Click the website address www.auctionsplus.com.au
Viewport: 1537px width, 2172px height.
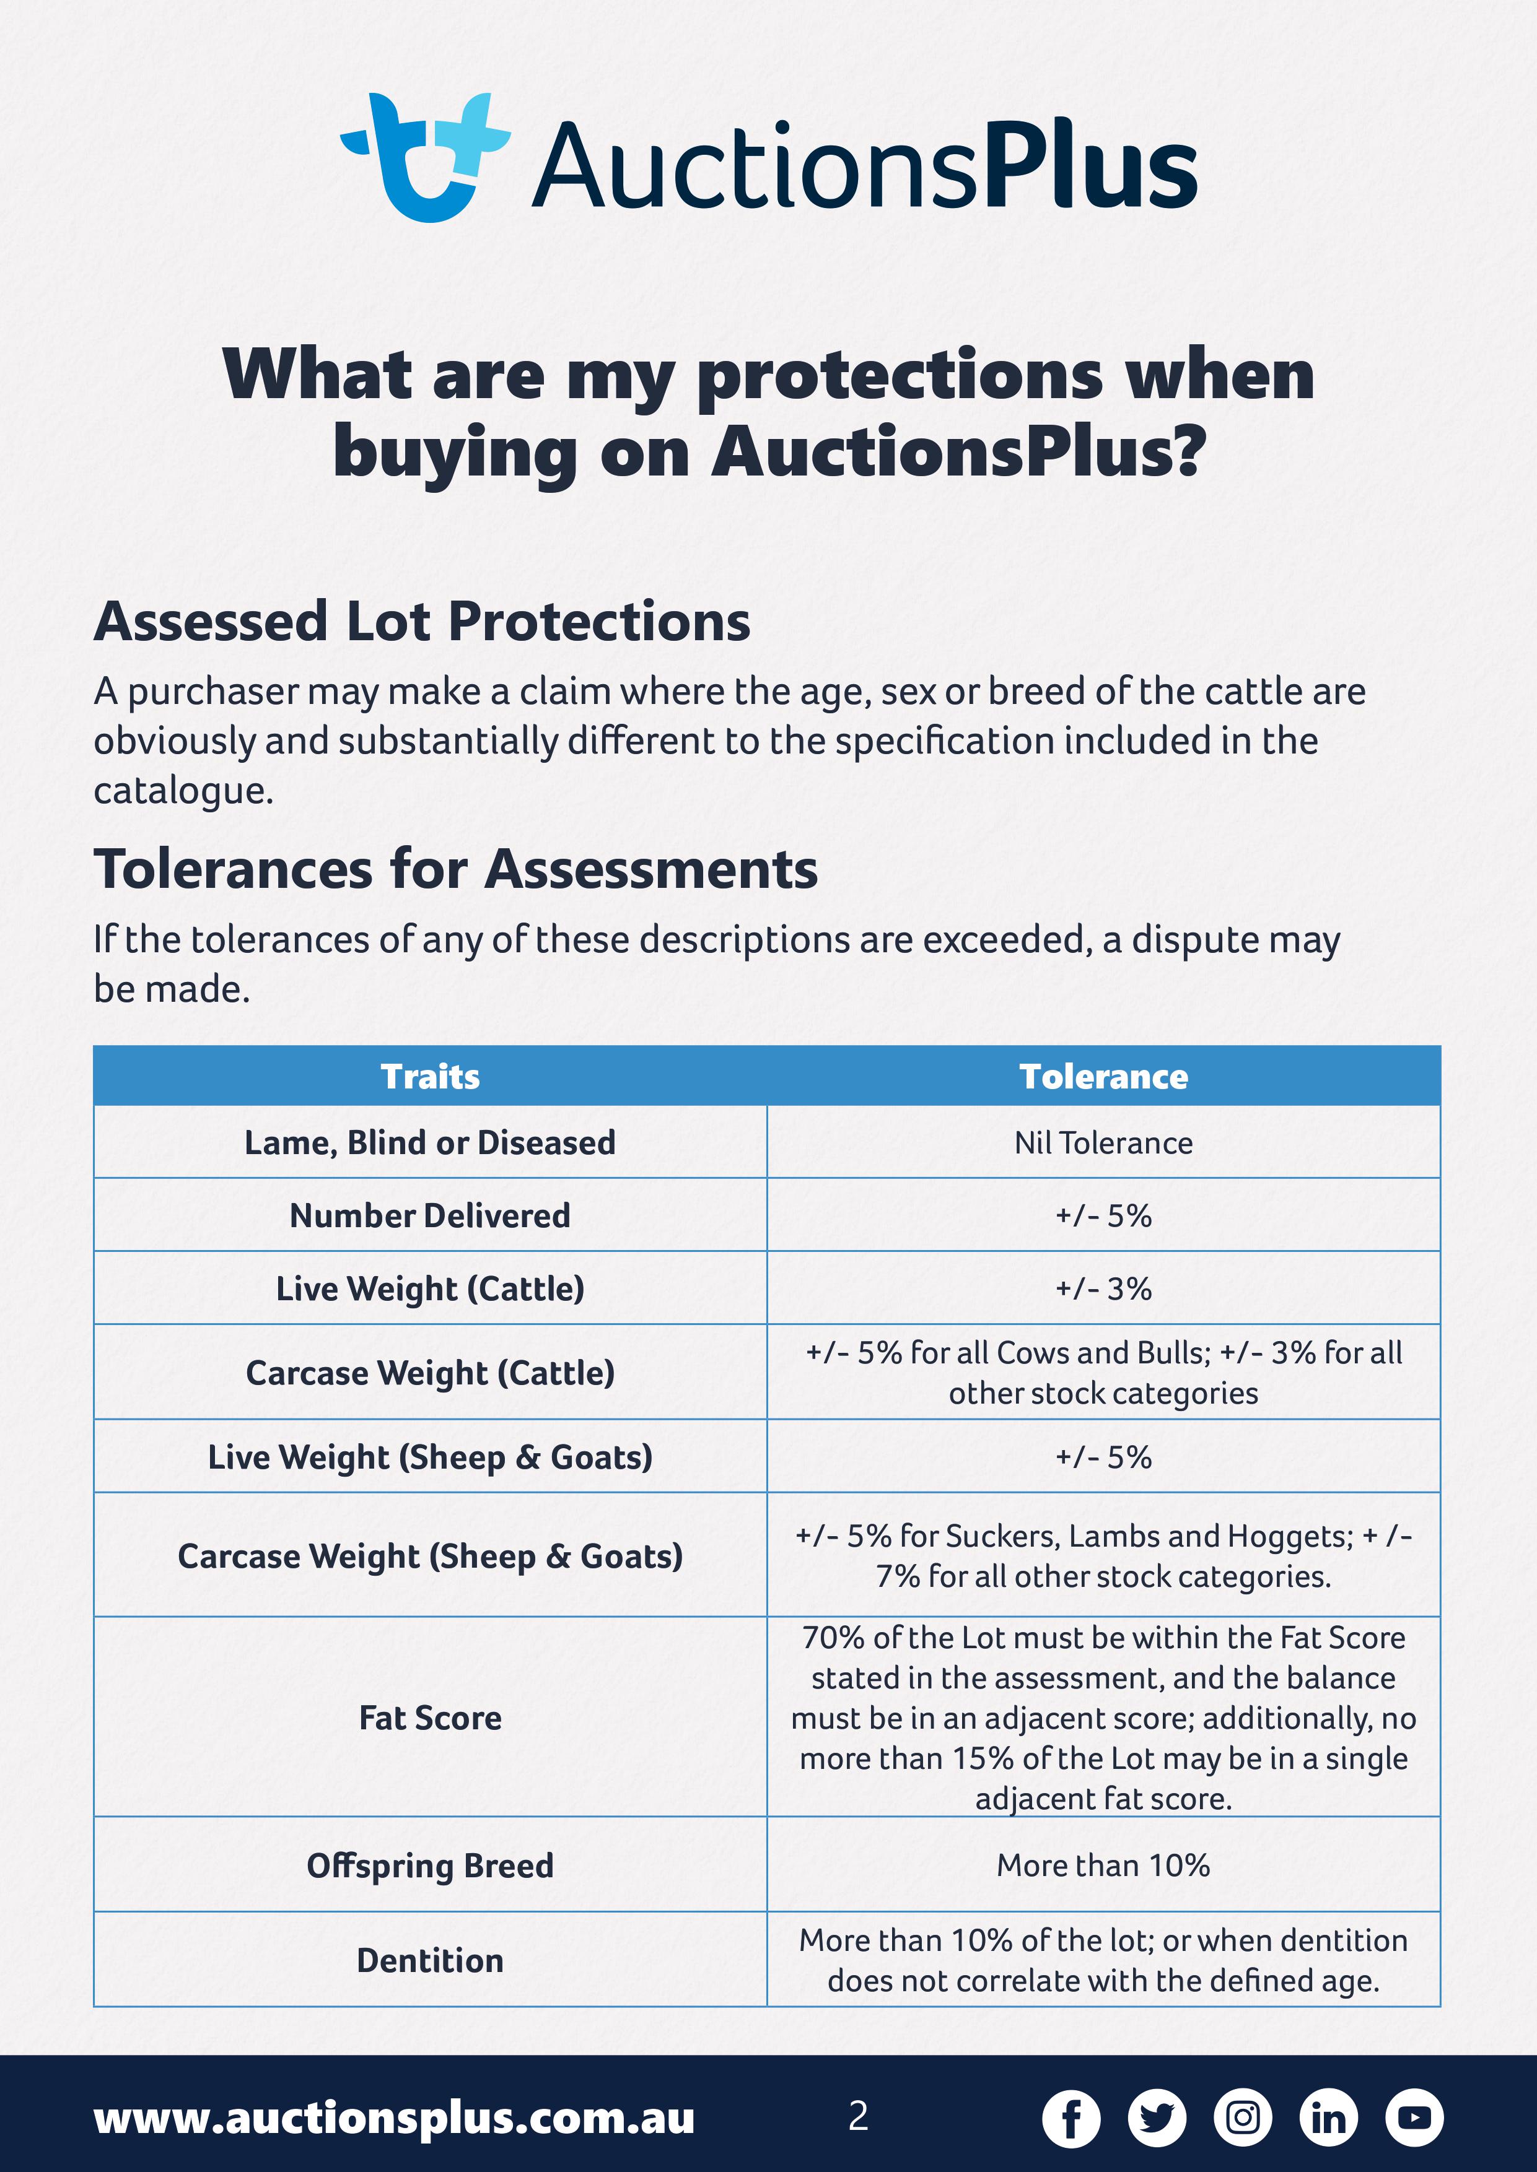pyautogui.click(x=395, y=2119)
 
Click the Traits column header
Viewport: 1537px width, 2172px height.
pyautogui.click(x=431, y=1077)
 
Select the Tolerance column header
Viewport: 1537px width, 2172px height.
pyautogui.click(x=1103, y=1077)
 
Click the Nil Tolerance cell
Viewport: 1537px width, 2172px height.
pyautogui.click(x=1103, y=1143)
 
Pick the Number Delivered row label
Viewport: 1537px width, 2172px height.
pyautogui.click(x=431, y=1215)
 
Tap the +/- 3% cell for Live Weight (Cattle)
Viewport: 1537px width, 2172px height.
pyautogui.click(x=1103, y=1288)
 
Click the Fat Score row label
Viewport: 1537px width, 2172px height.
pyautogui.click(x=431, y=1718)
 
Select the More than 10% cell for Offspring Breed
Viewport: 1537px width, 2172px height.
pyautogui.click(x=1103, y=1866)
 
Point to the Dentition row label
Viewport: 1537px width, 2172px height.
pyautogui.click(x=431, y=1960)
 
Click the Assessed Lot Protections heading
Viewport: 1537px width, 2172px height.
pyautogui.click(x=422, y=622)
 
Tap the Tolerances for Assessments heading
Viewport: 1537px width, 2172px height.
pyautogui.click(x=456, y=869)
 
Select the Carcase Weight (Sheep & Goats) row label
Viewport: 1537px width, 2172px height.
pyautogui.click(x=431, y=1556)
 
